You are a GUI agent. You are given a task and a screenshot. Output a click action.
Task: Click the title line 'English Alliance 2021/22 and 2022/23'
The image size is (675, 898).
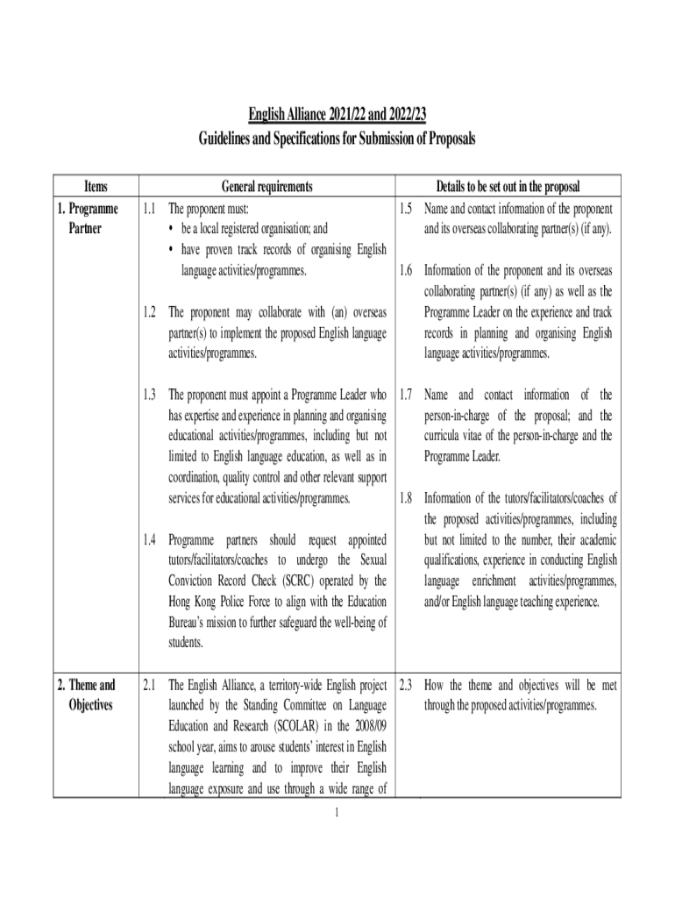pyautogui.click(x=337, y=115)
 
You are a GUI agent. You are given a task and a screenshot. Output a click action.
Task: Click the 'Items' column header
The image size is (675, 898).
pyautogui.click(x=96, y=187)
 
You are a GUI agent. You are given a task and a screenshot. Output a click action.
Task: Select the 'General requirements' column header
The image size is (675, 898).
pyautogui.click(x=266, y=187)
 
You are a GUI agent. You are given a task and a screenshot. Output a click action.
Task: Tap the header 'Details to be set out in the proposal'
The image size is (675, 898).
pyautogui.click(x=508, y=187)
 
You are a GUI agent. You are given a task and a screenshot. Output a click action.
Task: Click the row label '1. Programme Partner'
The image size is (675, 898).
pyautogui.click(x=92, y=218)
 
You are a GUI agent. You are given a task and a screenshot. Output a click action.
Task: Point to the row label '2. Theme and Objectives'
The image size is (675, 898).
pyautogui.click(x=92, y=695)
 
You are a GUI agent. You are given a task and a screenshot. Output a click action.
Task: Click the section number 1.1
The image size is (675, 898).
pyautogui.click(x=149, y=209)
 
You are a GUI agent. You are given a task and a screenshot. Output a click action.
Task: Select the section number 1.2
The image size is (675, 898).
pyautogui.click(x=149, y=312)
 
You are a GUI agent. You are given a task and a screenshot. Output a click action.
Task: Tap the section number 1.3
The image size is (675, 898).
pyautogui.click(x=149, y=395)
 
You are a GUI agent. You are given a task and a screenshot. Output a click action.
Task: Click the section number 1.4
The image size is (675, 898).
pyautogui.click(x=149, y=539)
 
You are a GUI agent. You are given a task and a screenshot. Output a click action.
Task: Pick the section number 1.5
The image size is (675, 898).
pyautogui.click(x=405, y=209)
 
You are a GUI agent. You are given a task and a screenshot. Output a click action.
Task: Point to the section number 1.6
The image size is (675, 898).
pyautogui.click(x=405, y=271)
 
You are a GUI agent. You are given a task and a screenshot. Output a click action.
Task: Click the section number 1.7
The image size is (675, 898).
pyautogui.click(x=405, y=395)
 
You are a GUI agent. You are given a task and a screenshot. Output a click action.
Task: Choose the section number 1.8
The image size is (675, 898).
pyautogui.click(x=405, y=498)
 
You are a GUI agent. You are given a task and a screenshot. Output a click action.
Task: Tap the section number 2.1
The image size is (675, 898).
pyautogui.click(x=149, y=684)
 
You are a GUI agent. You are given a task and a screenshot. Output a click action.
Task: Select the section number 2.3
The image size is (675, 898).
pyautogui.click(x=405, y=684)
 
